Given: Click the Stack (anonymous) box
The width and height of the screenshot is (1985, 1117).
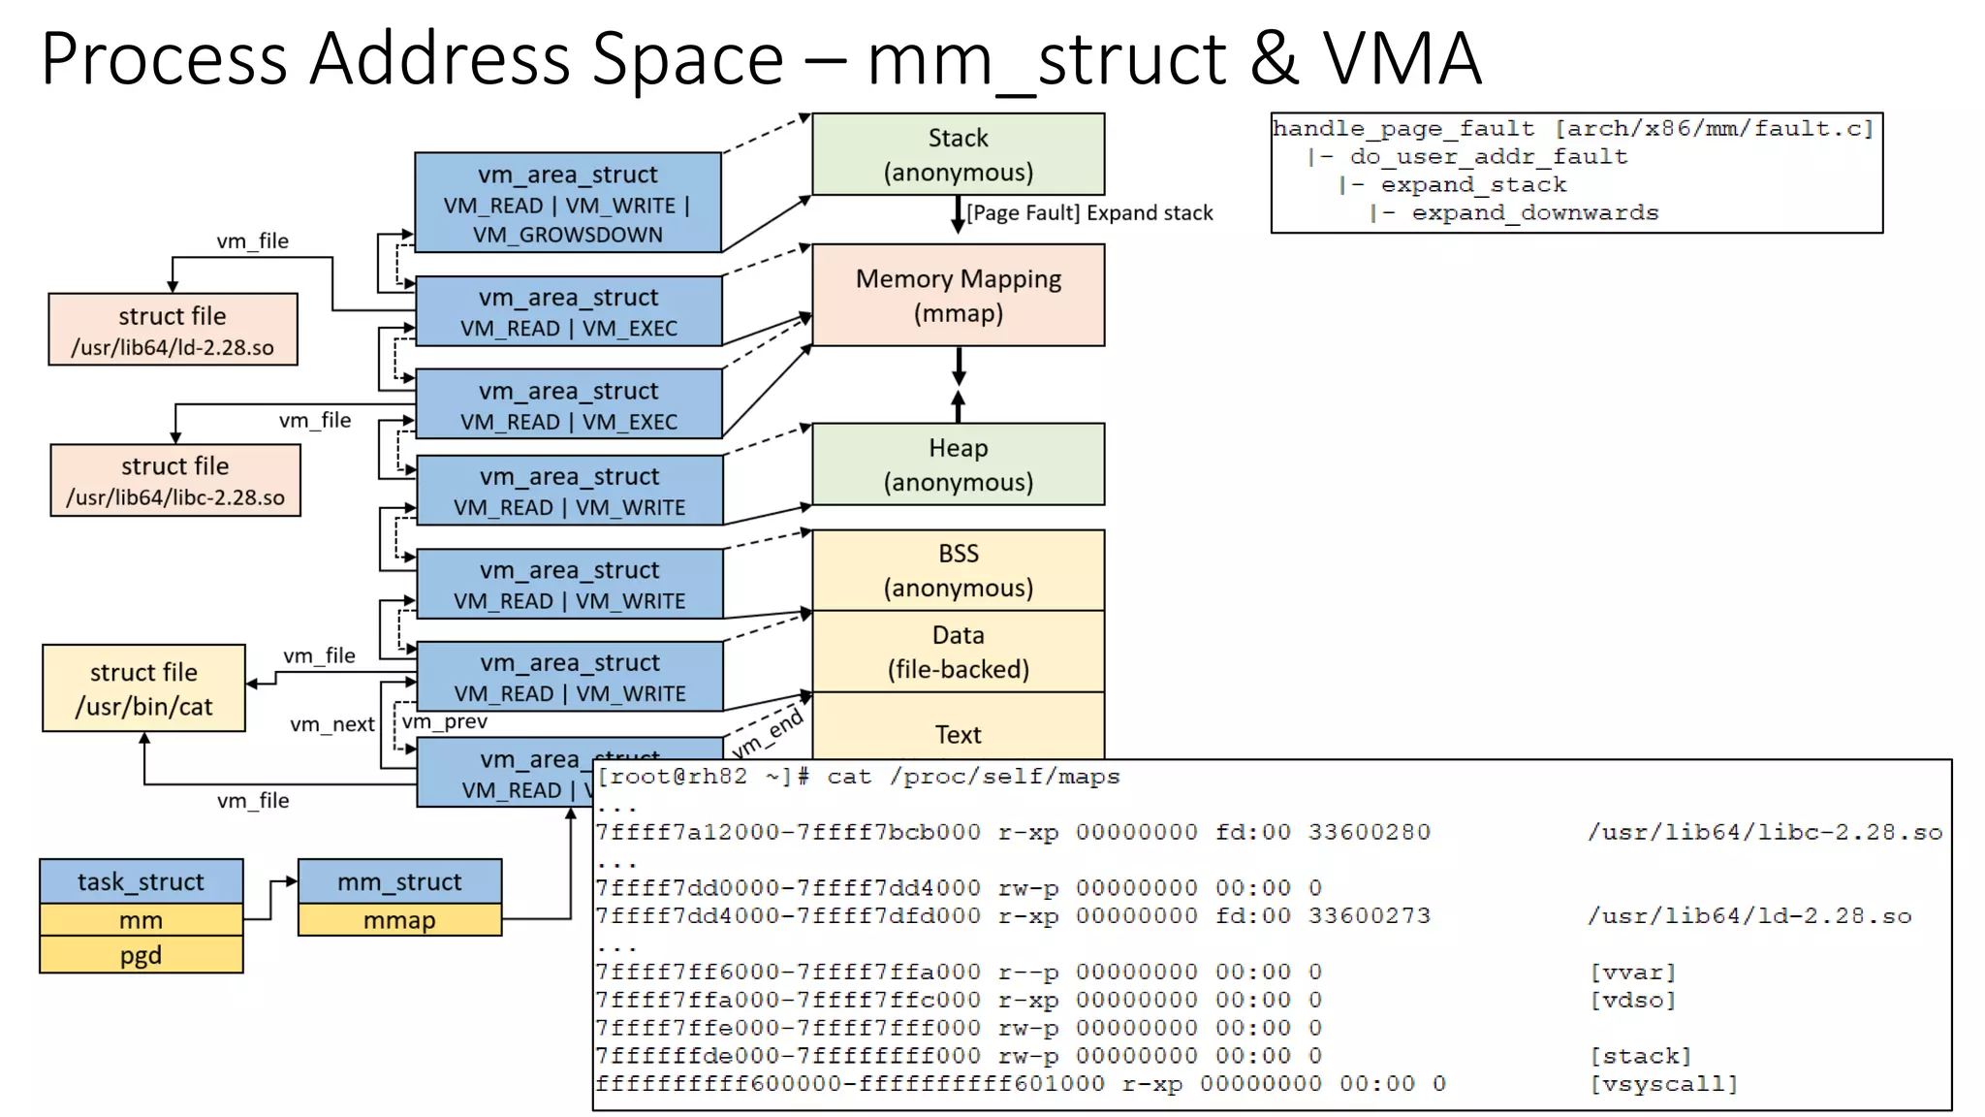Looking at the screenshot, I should [x=958, y=154].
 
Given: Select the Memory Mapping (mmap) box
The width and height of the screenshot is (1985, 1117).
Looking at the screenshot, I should [x=958, y=295].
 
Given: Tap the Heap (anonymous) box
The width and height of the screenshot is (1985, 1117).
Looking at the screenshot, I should [x=958, y=464].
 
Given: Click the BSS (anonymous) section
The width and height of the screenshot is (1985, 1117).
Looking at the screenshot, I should [x=958, y=570].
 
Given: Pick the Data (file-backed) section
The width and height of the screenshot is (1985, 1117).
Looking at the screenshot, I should [x=958, y=652].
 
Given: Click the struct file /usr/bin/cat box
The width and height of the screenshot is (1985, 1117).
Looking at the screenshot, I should [x=143, y=688].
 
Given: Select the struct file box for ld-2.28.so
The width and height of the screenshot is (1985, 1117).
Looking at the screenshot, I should [x=173, y=330].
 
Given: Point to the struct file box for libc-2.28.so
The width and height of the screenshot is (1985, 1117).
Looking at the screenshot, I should [x=175, y=481].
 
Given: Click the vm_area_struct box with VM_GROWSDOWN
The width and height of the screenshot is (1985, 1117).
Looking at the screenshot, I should [x=567, y=204].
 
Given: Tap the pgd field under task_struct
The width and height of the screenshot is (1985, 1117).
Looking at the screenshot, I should [x=141, y=955].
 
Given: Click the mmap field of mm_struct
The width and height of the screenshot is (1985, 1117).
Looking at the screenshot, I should [x=399, y=920].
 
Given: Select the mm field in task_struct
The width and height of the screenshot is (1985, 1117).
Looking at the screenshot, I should [x=141, y=920].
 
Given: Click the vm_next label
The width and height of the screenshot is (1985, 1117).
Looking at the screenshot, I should [x=331, y=724].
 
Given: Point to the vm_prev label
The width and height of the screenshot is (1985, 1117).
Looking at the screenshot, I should [x=445, y=721].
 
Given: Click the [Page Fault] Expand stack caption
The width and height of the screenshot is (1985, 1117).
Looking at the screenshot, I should [x=1089, y=213].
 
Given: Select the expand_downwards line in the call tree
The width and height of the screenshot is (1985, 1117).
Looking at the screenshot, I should [x=1534, y=212].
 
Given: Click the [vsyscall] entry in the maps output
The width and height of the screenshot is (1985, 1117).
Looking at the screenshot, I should [x=1664, y=1084].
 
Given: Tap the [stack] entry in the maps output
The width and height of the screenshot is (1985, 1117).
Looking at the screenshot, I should [x=1640, y=1056].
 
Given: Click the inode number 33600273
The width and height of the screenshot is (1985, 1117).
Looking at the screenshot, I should [x=1369, y=915].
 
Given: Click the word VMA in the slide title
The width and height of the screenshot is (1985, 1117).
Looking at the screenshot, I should [x=1402, y=58].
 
